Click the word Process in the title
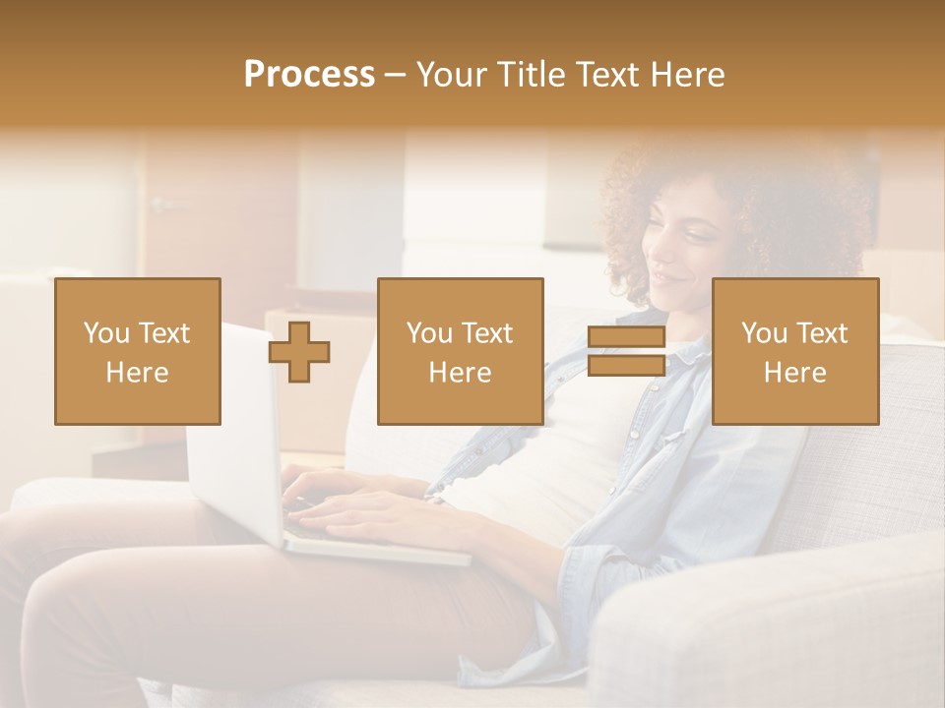(309, 75)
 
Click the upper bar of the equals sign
(626, 338)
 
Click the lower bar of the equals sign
(626, 366)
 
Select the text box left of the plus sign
(138, 352)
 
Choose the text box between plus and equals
(460, 352)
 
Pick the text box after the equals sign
(795, 352)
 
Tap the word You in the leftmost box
(106, 333)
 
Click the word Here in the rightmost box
(795, 373)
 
